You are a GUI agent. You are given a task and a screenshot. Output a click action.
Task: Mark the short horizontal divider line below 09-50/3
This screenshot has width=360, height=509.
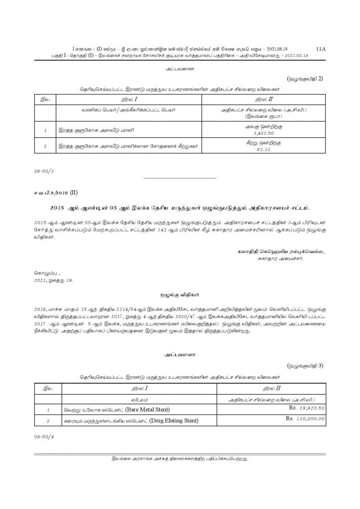point(180,177)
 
